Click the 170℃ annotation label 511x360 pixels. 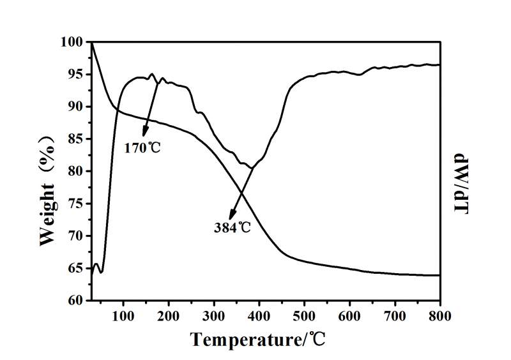point(142,148)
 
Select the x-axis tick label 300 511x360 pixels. point(214,315)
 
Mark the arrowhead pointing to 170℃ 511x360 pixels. point(145,134)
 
